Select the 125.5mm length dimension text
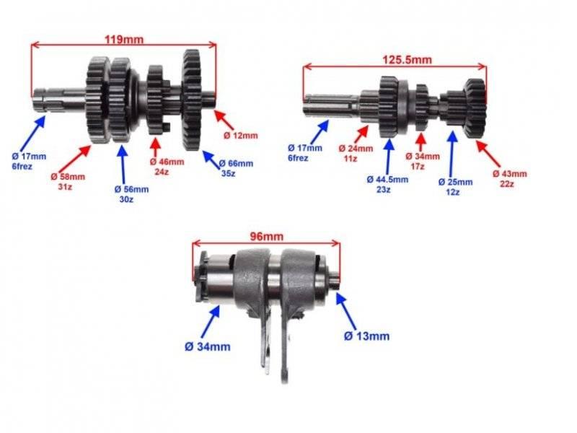pos(407,60)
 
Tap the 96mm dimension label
pos(267,236)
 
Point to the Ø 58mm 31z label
pos(68,182)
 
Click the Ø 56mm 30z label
pos(131,194)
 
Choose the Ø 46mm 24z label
pos(167,167)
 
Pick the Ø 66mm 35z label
pos(236,168)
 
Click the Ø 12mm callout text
pos(241,136)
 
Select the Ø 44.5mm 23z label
pos(387,185)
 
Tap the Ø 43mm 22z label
pos(510,178)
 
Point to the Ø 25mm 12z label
pos(455,187)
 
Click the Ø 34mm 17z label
pos(423,161)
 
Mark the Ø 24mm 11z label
pos(356,154)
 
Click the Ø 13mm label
pos(366,336)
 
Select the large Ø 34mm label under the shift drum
pos(208,346)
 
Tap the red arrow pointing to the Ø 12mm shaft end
pos(224,120)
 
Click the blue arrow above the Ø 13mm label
pos(346,311)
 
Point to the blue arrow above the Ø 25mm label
pos(453,153)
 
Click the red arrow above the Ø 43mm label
pos(488,153)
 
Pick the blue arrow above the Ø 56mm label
pos(123,165)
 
